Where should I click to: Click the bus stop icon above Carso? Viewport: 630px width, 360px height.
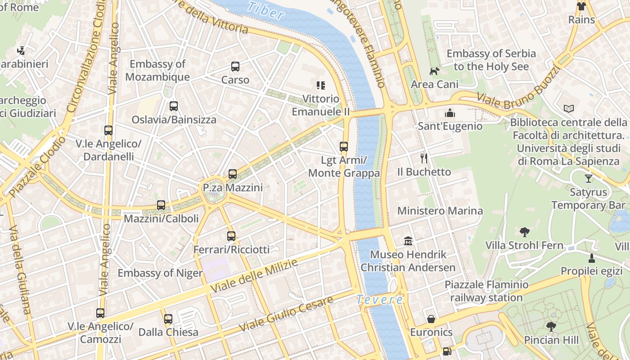pos(235,67)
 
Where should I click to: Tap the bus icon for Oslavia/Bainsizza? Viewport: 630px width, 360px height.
pos(173,106)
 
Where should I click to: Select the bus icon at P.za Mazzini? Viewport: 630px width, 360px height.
pos(232,174)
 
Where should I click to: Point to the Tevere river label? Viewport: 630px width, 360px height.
pos(379,299)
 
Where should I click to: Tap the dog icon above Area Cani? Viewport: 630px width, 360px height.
pos(434,71)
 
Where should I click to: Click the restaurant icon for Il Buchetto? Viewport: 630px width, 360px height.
pos(423,158)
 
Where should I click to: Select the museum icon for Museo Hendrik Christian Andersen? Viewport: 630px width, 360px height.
pos(408,241)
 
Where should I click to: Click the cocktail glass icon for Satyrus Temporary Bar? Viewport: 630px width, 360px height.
pos(588,178)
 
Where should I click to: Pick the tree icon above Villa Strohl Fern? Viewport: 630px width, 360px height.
pos(524,232)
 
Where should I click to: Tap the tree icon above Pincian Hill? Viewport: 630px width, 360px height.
pos(551,326)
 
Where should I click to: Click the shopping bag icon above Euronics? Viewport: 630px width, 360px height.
pos(431,319)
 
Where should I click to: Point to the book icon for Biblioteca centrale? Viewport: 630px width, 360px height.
pos(569,108)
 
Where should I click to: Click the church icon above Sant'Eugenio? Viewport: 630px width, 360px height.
pos(450,112)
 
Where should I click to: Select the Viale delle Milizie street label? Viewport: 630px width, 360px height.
pos(254,276)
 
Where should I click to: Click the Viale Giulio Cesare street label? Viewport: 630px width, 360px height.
pos(286,314)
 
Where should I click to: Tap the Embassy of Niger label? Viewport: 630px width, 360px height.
pos(160,273)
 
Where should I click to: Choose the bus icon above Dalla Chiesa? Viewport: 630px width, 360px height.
pos(168,319)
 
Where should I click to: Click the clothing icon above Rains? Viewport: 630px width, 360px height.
pos(581,6)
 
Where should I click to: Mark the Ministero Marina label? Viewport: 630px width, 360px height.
pos(440,211)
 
